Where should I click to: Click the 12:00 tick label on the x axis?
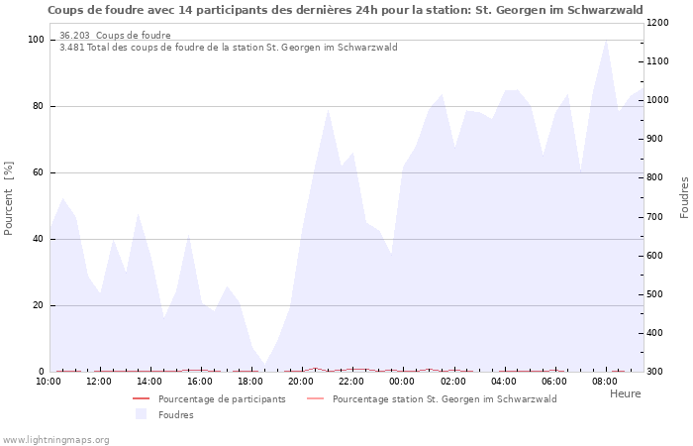(99, 381)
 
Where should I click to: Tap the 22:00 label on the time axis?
(351, 381)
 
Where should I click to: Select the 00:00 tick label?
(402, 381)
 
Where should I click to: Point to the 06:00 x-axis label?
(554, 381)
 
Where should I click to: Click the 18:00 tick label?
(250, 381)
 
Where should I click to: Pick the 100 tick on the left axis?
(36, 40)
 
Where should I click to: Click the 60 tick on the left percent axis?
(39, 172)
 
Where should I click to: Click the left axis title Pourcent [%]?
(9, 198)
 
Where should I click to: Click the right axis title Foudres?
(684, 197)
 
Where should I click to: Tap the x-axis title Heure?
(625, 393)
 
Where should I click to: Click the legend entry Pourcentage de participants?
(222, 399)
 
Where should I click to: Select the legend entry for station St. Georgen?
(445, 399)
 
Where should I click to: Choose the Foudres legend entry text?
(176, 414)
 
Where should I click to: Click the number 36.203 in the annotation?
(75, 36)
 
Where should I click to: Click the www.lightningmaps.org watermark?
(55, 439)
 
